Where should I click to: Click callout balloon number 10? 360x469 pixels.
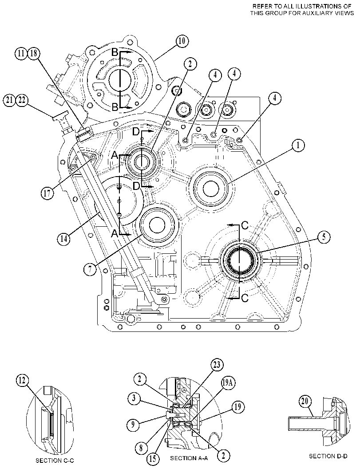182,41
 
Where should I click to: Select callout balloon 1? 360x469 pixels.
297,146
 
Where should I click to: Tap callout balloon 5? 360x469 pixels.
324,237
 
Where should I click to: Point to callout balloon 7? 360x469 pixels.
90,269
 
